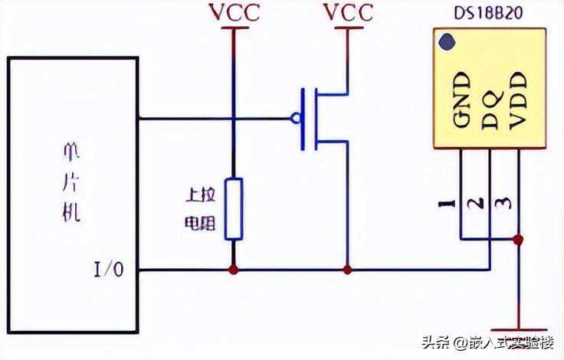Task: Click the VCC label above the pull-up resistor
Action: click(x=234, y=12)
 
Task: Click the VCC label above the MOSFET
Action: click(x=349, y=12)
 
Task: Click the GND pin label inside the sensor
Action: click(x=461, y=100)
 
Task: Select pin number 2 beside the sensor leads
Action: click(x=476, y=204)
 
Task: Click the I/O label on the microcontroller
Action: click(x=107, y=270)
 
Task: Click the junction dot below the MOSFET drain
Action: click(x=347, y=270)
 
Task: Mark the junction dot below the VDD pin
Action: click(x=519, y=240)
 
